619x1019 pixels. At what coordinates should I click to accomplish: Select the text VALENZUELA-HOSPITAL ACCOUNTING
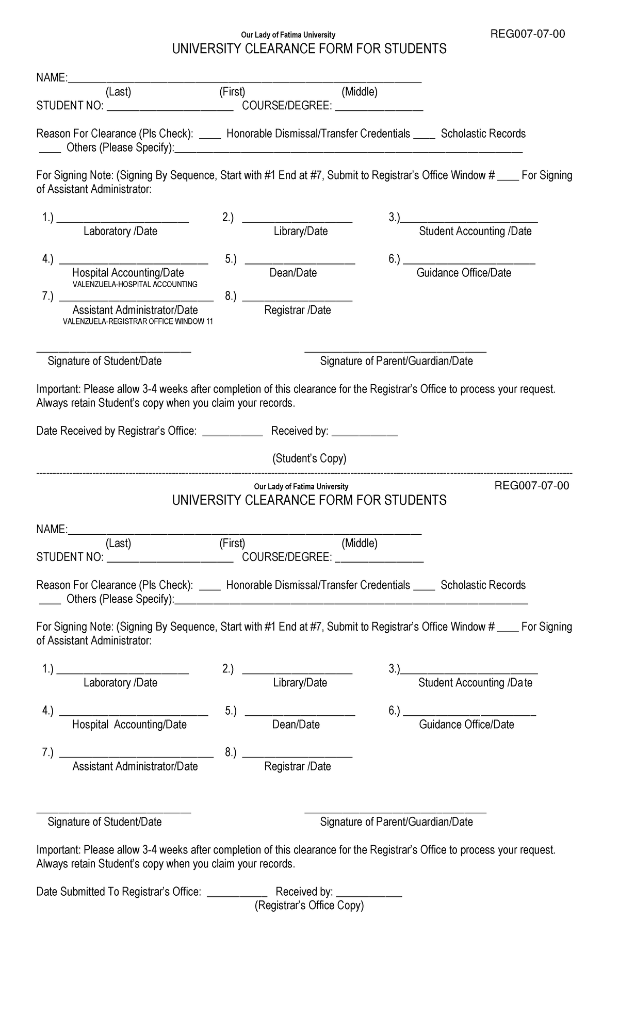(135, 284)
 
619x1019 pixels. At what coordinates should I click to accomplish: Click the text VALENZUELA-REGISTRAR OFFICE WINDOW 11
(138, 321)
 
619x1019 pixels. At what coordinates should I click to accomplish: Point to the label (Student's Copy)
(309, 458)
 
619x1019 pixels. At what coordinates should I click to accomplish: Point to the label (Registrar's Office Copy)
(309, 906)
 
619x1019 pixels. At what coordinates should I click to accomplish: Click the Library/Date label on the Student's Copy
(301, 231)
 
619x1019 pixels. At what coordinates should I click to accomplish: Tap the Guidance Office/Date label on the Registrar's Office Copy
(466, 725)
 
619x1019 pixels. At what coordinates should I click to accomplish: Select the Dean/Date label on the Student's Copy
(293, 273)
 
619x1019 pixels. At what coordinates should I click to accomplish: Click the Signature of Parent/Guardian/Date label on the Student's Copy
(396, 361)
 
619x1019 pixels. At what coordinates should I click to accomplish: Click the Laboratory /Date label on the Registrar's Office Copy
(120, 683)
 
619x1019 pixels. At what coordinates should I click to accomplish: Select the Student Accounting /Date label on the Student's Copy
(475, 231)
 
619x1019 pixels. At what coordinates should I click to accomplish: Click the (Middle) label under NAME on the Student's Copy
(360, 92)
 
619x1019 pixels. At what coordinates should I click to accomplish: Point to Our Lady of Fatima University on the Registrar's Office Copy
(301, 486)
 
